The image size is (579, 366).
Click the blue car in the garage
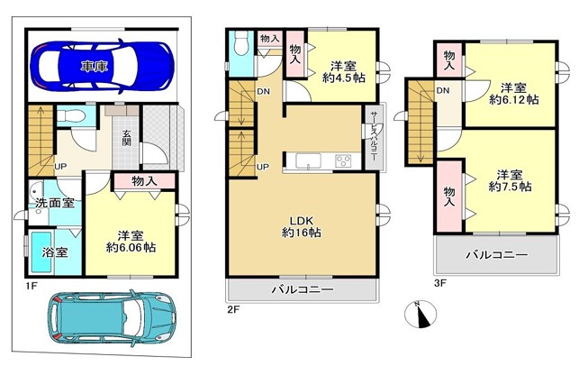[x=102, y=66]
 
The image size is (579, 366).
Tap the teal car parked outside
[x=113, y=316]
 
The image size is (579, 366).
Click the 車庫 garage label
[x=95, y=67]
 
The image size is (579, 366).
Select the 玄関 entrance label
[x=127, y=138]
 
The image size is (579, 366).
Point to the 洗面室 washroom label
[x=55, y=203]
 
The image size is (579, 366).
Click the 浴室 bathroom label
[x=55, y=252]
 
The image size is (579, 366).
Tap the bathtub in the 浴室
[x=41, y=252]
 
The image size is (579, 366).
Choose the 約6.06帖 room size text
[x=131, y=247]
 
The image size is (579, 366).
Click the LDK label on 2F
[x=302, y=221]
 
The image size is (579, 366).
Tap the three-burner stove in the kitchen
[x=343, y=161]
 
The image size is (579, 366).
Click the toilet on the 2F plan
[x=241, y=43]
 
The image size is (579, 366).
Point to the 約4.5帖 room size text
[x=344, y=78]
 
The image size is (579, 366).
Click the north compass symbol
[x=421, y=314]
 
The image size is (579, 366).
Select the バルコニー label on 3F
[x=497, y=255]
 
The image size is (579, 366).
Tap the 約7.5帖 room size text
[x=510, y=187]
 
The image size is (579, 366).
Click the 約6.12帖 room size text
[x=513, y=100]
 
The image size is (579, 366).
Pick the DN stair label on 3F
[x=443, y=90]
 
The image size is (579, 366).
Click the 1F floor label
[x=32, y=286]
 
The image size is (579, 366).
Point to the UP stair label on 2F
[x=263, y=167]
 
